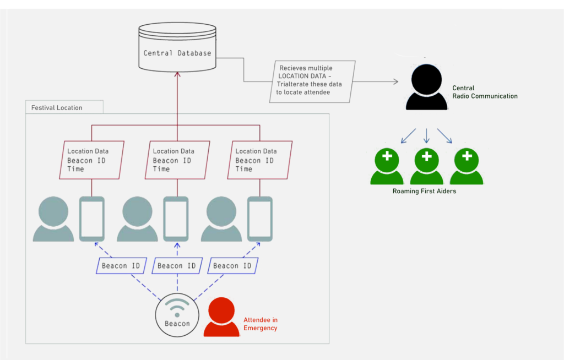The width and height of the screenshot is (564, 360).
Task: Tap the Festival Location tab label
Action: [57, 107]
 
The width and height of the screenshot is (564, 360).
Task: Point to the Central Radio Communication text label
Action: [485, 92]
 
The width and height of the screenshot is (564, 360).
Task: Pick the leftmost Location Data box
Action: [91, 160]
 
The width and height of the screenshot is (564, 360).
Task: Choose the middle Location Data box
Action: [177, 160]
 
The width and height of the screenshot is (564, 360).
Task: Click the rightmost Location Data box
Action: [259, 160]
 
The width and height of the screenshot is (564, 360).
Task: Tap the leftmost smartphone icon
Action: [91, 219]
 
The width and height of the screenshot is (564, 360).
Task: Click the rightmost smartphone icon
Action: [259, 219]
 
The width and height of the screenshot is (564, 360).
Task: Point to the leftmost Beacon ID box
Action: [121, 266]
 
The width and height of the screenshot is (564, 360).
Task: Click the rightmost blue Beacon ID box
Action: [233, 266]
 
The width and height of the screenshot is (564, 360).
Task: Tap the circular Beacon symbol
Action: [177, 315]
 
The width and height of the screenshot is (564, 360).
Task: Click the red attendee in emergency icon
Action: [221, 317]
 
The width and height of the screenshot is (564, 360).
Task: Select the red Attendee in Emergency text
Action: [261, 324]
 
